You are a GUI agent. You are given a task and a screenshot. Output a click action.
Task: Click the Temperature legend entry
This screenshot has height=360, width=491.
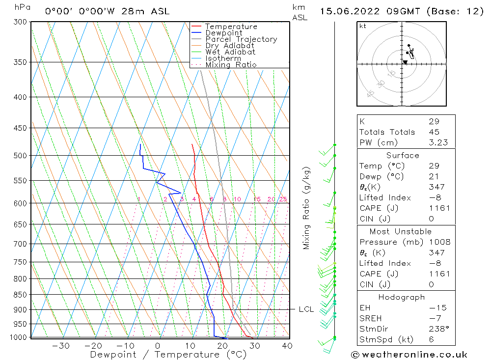point(231,27)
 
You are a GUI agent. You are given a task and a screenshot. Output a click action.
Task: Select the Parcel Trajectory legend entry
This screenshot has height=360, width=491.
point(241,39)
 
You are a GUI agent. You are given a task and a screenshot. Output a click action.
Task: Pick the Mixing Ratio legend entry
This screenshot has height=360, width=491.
point(231,64)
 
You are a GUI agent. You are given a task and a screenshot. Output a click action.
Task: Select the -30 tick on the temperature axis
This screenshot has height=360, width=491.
point(60,346)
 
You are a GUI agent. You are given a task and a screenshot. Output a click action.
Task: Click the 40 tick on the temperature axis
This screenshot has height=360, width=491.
point(287,346)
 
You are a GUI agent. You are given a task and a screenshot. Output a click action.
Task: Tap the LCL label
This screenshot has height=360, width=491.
point(306,309)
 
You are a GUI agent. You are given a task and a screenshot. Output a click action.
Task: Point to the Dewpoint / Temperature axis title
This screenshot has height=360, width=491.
point(168,354)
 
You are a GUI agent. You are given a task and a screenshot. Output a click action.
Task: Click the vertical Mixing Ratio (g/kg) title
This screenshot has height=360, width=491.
point(306,208)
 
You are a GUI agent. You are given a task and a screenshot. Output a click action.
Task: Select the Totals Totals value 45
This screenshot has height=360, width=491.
point(434,132)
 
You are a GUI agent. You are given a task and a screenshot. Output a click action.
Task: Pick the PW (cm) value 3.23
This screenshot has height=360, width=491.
point(438,143)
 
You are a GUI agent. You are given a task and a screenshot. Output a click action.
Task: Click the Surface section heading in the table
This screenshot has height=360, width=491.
point(403,156)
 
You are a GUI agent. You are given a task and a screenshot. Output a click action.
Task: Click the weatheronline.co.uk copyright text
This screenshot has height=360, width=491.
point(409,355)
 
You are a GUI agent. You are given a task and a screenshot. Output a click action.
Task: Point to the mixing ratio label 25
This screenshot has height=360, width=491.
point(283,199)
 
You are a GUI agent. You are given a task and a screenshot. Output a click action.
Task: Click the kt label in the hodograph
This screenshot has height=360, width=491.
point(362,26)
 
